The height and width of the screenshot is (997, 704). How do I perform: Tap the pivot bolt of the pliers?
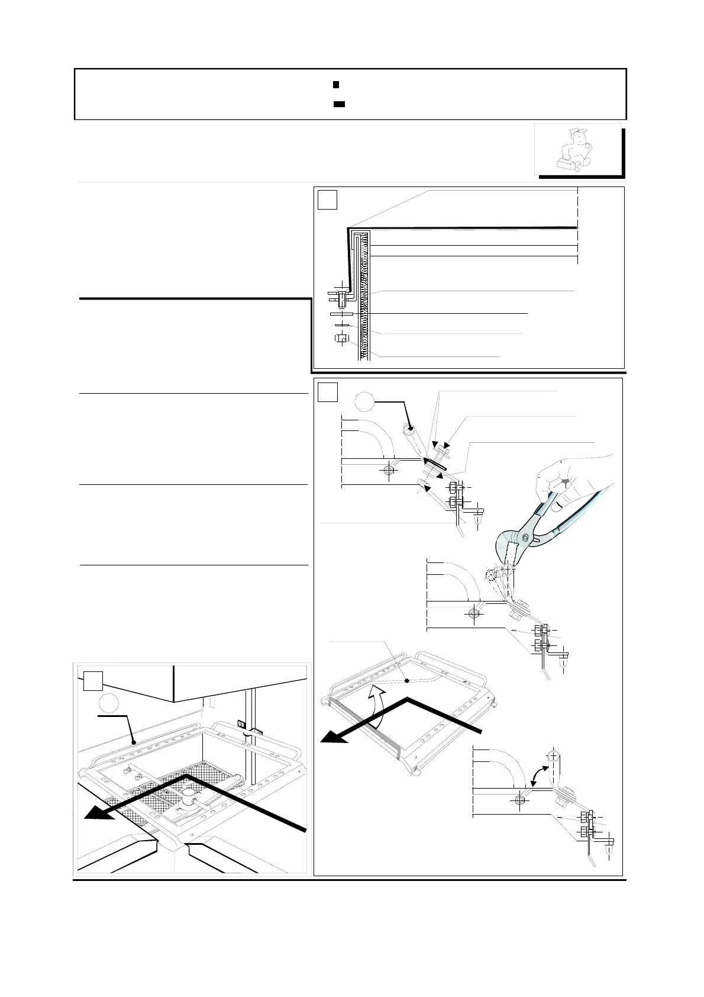525,537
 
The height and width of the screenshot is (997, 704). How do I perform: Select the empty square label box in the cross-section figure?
327,200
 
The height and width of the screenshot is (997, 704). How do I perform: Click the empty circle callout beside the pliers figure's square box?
366,404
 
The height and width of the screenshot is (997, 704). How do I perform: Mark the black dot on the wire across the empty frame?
407,680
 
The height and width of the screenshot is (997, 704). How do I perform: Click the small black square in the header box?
335,85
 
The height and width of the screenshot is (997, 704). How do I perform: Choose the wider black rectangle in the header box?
339,104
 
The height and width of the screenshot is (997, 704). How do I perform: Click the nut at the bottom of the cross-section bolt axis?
340,339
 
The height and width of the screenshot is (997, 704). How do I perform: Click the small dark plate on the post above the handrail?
241,723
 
